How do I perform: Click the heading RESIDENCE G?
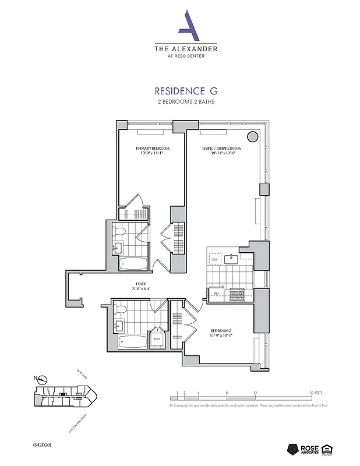coord(186,91)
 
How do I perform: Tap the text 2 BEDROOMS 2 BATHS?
coord(186,102)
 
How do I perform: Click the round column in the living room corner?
coord(253,137)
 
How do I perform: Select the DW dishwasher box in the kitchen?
coord(215,259)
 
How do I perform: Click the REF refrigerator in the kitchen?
coord(216,294)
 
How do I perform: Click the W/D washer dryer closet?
coord(157,338)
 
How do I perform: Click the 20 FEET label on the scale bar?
coord(315,393)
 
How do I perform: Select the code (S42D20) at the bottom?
coord(43,444)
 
